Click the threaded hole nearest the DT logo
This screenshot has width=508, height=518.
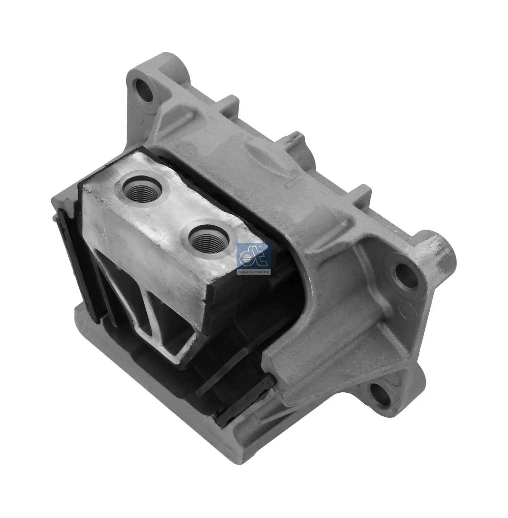click(x=209, y=241)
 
